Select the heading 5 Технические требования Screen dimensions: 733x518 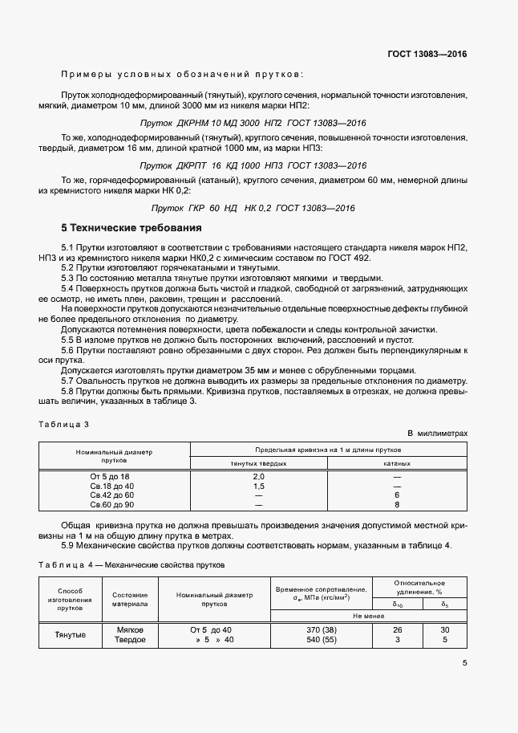coord(132,228)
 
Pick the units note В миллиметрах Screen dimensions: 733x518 coord(437,433)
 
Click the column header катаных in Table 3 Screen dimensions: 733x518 coord(396,463)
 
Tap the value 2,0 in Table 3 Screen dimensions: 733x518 coord(258,477)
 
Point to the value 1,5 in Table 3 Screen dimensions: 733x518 coord(258,487)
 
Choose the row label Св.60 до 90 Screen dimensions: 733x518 coord(111,505)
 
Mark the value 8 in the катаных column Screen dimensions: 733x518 coord(396,505)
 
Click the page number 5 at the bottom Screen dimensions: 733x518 coord(464,663)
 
